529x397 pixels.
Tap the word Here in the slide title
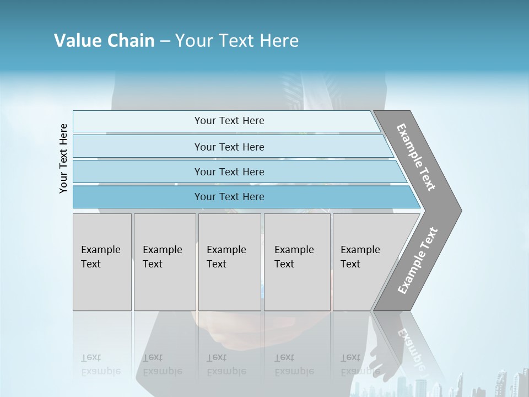tap(279, 41)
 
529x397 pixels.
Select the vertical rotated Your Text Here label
tap(63, 158)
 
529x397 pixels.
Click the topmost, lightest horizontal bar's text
tap(229, 121)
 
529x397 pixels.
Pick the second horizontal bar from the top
tap(229, 147)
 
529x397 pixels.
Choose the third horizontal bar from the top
tap(229, 172)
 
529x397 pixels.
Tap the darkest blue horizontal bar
tap(229, 197)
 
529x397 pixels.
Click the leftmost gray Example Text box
tap(101, 262)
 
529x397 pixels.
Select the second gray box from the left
tap(164, 262)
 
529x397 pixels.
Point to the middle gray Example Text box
tap(229, 262)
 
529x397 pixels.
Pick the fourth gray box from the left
tap(297, 262)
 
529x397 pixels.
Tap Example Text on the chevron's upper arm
tap(416, 157)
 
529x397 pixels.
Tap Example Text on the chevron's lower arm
tap(417, 261)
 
